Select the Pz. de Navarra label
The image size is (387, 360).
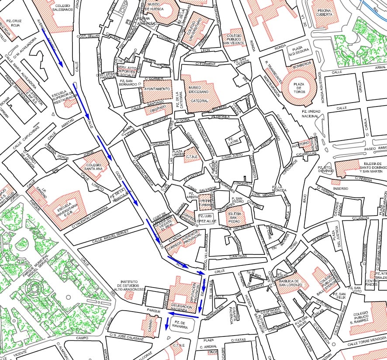pos(180,324)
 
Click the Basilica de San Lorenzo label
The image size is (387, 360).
pos(289,283)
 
